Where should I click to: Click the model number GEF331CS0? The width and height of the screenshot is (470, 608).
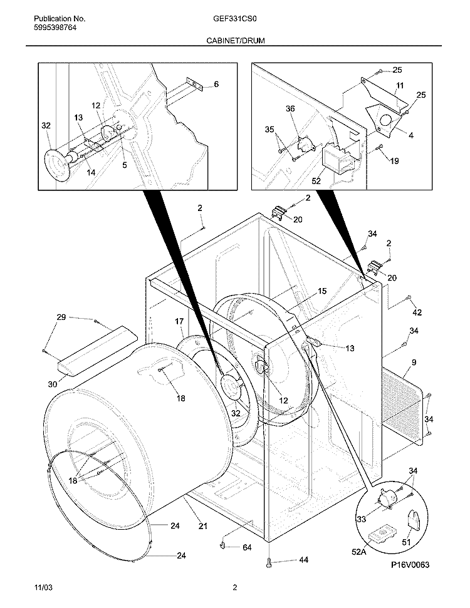pos(235,19)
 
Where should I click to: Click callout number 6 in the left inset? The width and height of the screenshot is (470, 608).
pos(216,84)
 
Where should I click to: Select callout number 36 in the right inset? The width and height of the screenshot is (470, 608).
pos(290,108)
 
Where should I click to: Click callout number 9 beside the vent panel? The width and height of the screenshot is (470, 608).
pos(414,362)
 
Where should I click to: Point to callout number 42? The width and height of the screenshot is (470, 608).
pos(417,312)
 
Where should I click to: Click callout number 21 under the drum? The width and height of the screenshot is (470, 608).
pos(202,526)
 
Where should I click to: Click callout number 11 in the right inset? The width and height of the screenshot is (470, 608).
pos(399,85)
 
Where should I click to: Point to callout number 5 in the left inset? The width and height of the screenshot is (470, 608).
pos(125,165)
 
